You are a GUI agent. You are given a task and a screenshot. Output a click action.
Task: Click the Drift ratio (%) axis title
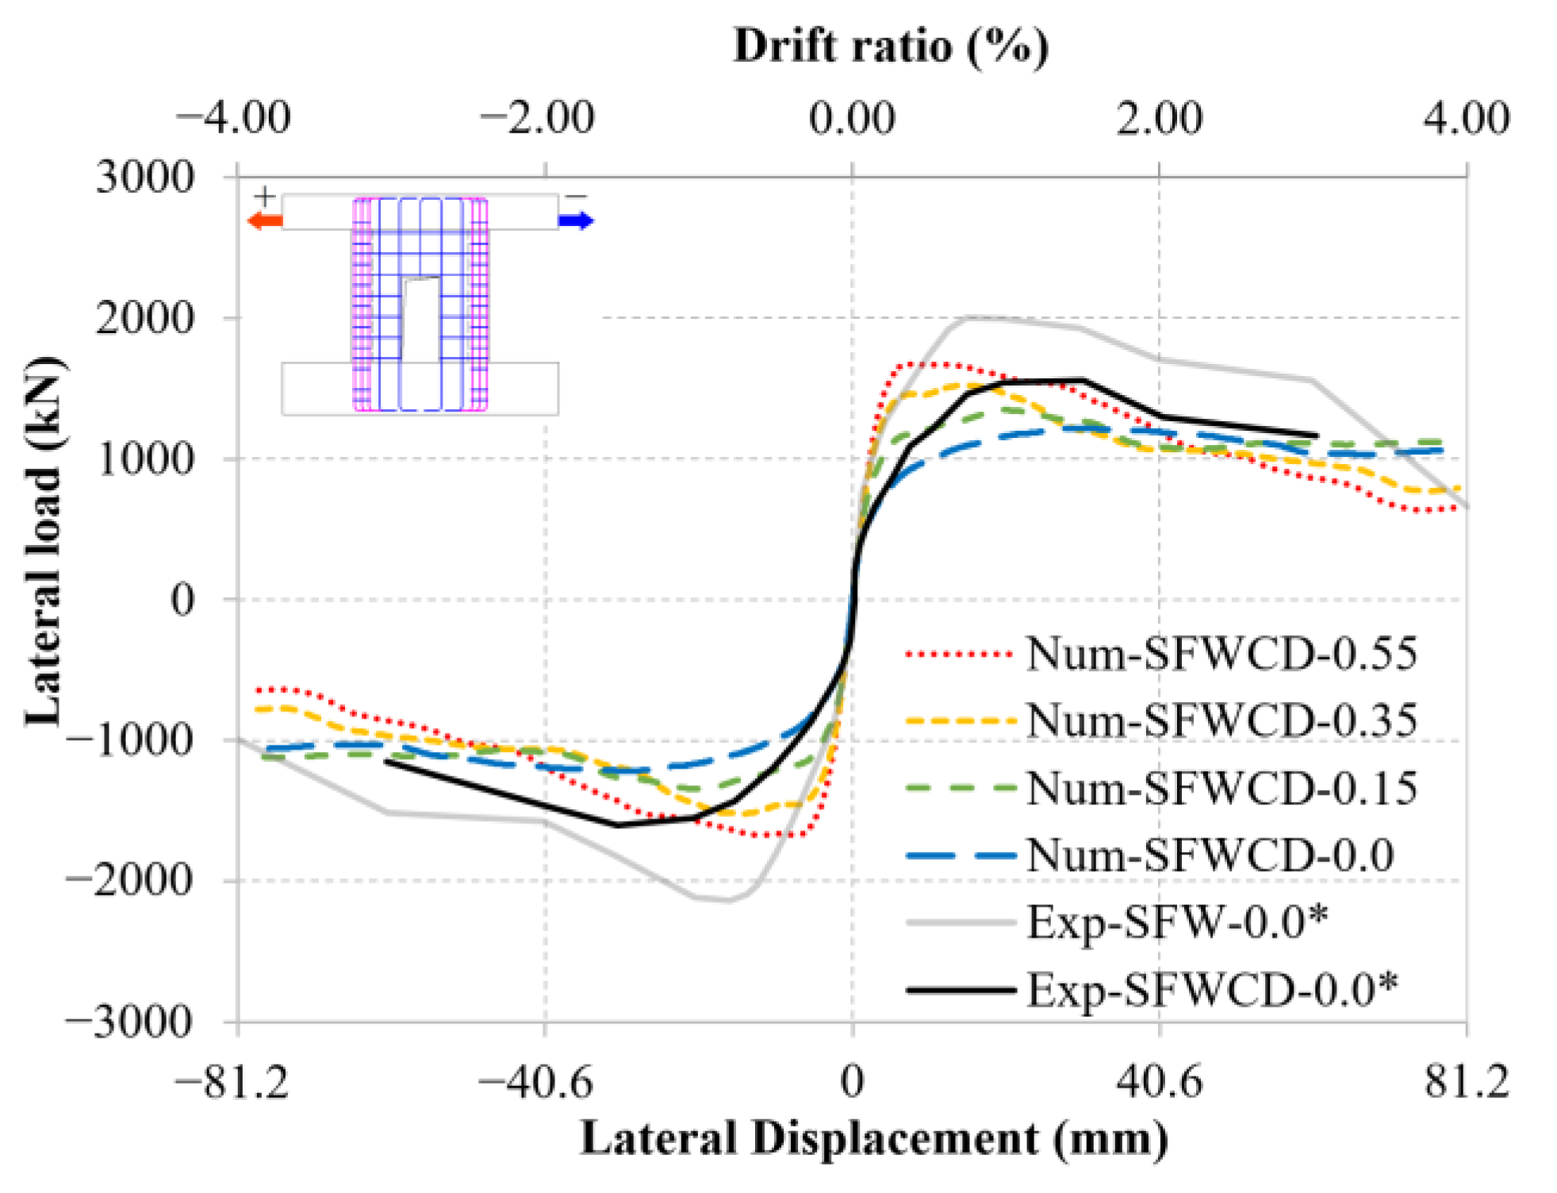pyautogui.click(x=891, y=46)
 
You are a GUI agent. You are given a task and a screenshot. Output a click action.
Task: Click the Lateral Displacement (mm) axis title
pyautogui.click(x=874, y=1140)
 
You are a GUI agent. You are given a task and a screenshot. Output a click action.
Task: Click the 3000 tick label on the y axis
pyautogui.click(x=144, y=178)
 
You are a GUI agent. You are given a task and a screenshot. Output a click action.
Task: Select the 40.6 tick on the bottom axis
pyautogui.click(x=1159, y=1080)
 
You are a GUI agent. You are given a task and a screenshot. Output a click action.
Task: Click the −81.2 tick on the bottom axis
pyautogui.click(x=232, y=1080)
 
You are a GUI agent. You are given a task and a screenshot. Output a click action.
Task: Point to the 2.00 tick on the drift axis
pyautogui.click(x=1159, y=118)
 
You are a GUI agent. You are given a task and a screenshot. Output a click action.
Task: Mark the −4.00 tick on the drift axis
pyautogui.click(x=233, y=118)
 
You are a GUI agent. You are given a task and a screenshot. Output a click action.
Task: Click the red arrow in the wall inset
pyautogui.click(x=265, y=221)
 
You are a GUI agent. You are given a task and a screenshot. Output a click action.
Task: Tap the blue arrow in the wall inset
pyautogui.click(x=576, y=221)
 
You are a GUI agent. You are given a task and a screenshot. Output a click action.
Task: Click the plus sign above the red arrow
pyautogui.click(x=265, y=196)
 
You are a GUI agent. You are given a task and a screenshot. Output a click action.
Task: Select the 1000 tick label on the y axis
pyautogui.click(x=144, y=458)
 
